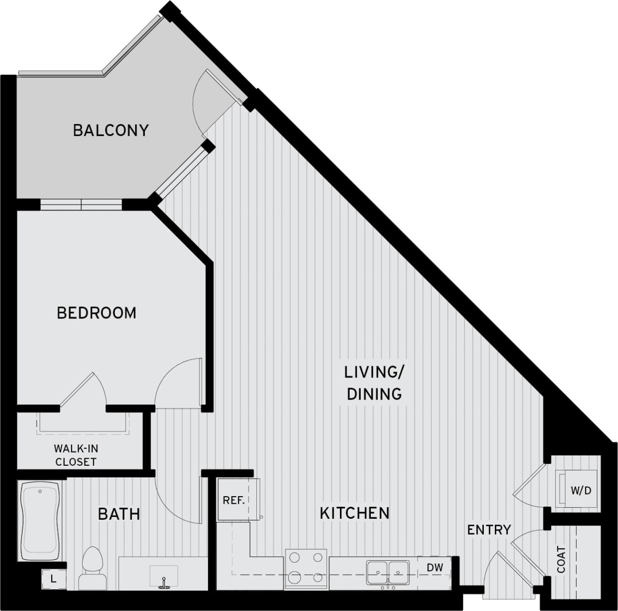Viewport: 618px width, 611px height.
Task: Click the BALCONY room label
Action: click(x=111, y=130)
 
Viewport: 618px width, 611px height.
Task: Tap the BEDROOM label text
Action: click(x=97, y=313)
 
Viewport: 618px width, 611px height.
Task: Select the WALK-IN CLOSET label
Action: click(x=76, y=455)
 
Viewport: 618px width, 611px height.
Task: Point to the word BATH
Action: click(x=119, y=514)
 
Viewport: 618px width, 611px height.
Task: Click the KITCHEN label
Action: click(x=354, y=513)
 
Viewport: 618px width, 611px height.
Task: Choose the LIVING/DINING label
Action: click(x=374, y=383)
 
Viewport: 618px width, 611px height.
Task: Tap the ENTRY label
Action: click(x=489, y=529)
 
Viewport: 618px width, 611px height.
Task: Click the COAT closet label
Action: click(x=561, y=559)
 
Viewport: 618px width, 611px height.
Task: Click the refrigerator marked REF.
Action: click(x=234, y=500)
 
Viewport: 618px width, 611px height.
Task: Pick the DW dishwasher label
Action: click(x=435, y=568)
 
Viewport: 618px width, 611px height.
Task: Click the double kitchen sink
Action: click(x=387, y=572)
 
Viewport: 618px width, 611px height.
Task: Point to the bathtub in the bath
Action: click(x=40, y=520)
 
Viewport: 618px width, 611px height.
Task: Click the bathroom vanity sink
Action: click(x=164, y=576)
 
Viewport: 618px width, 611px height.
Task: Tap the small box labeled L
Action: click(x=53, y=579)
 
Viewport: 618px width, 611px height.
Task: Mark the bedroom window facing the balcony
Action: click(x=81, y=205)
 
